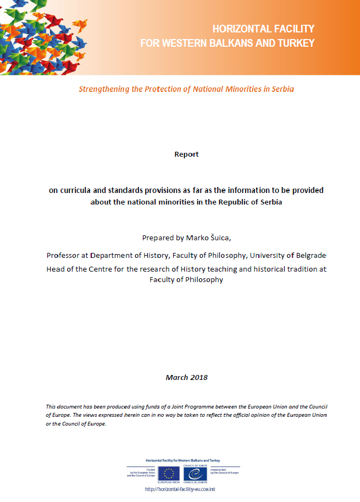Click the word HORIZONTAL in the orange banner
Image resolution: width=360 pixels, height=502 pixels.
pos(237,29)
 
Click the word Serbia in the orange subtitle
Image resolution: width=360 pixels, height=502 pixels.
pos(282,89)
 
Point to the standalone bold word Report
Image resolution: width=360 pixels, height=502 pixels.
pos(186,155)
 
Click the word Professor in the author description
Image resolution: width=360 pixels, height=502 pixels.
pos(64,256)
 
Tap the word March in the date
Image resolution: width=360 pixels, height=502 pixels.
pos(176,378)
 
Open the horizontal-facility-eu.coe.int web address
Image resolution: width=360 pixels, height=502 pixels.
pos(184,489)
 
